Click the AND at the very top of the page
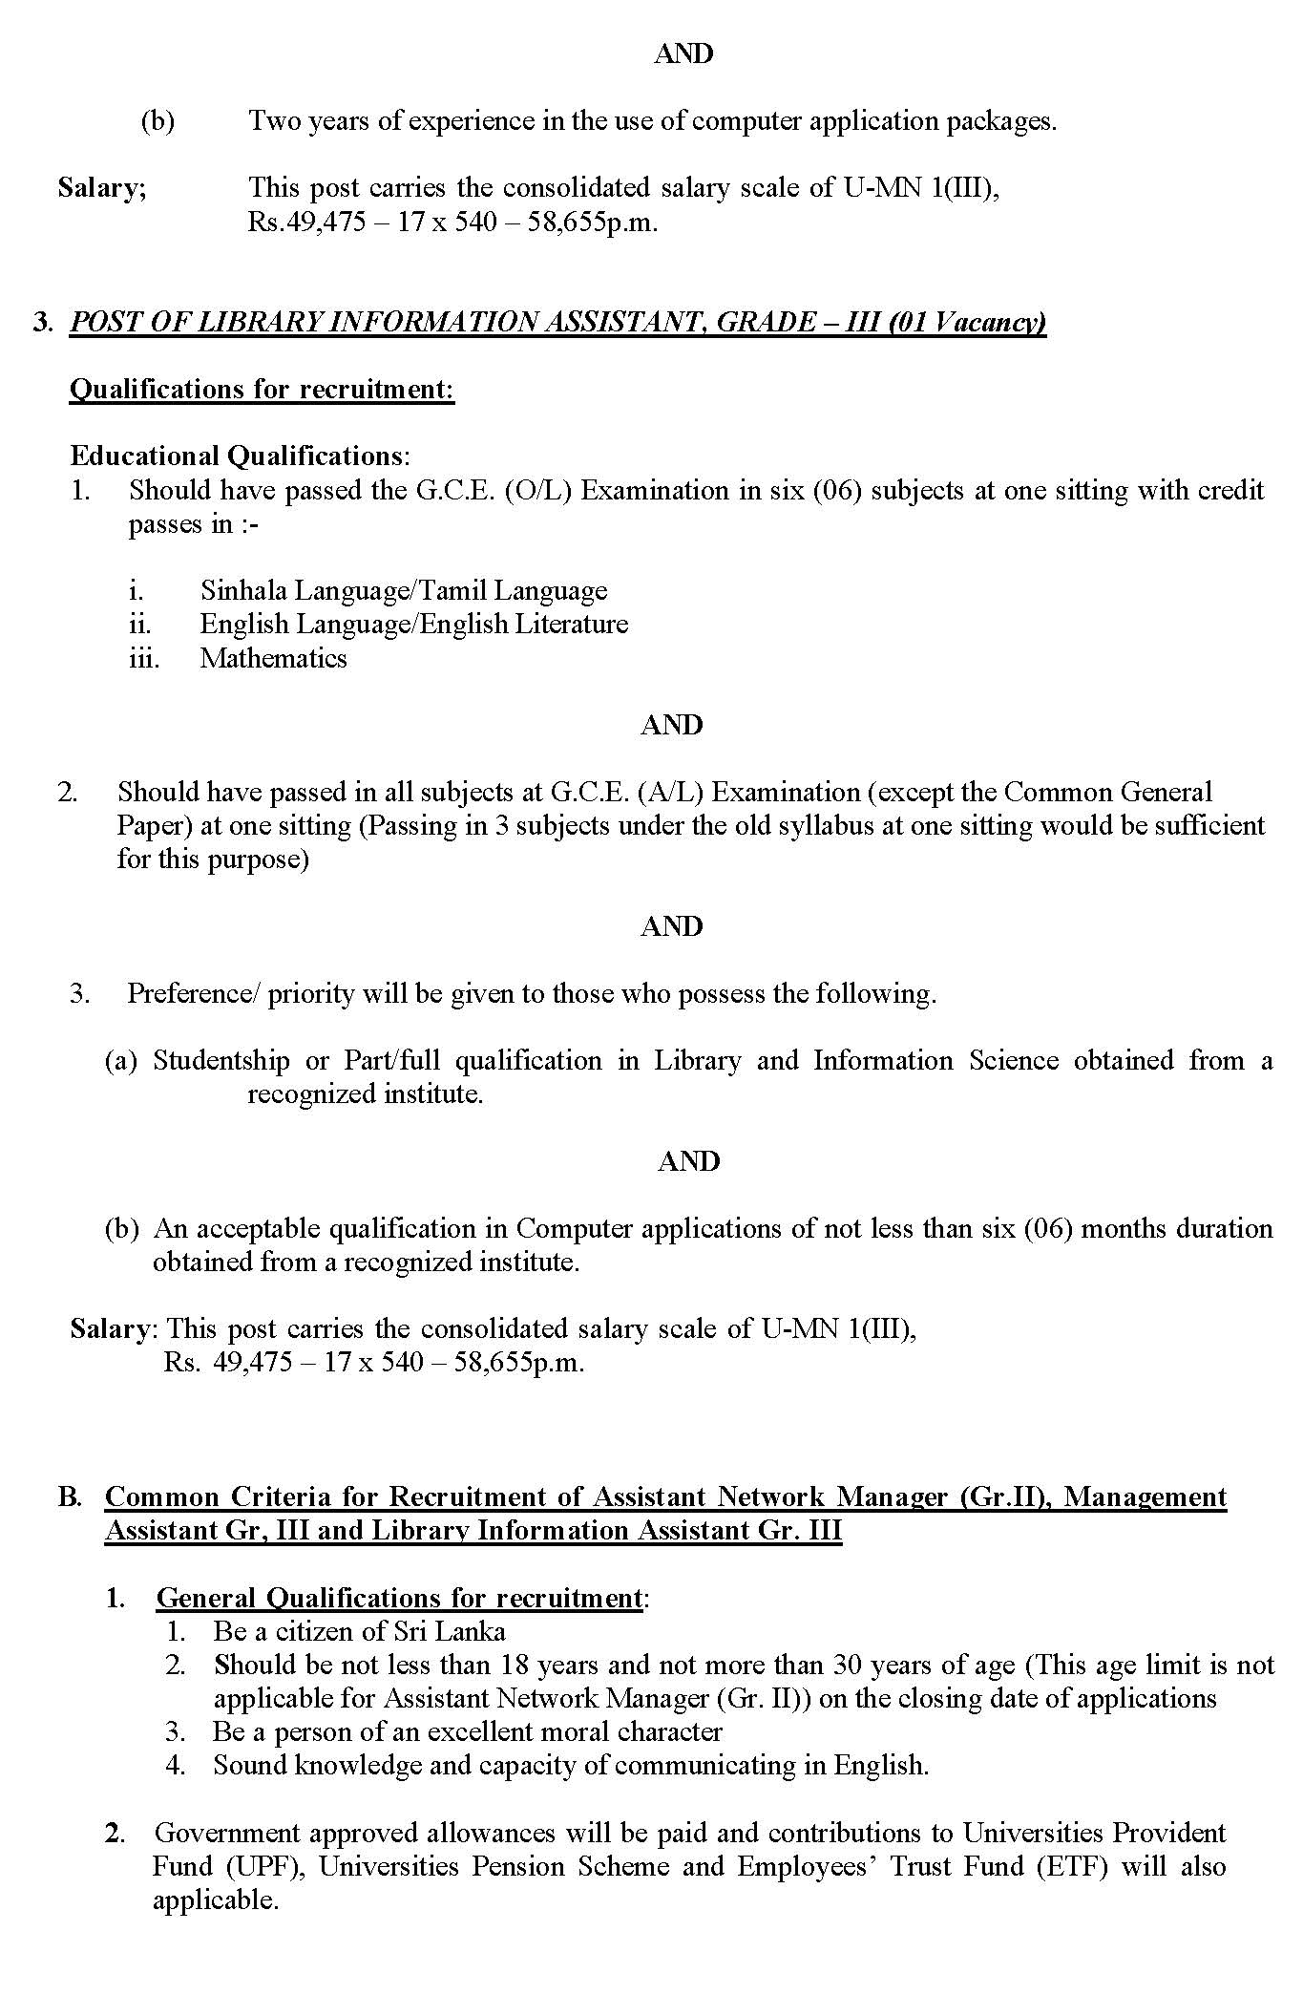coord(683,54)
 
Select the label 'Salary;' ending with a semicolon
coord(102,187)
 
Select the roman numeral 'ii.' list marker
coord(140,625)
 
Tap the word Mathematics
coord(273,658)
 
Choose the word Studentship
coord(221,1061)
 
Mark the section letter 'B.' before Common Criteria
coord(70,1496)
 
